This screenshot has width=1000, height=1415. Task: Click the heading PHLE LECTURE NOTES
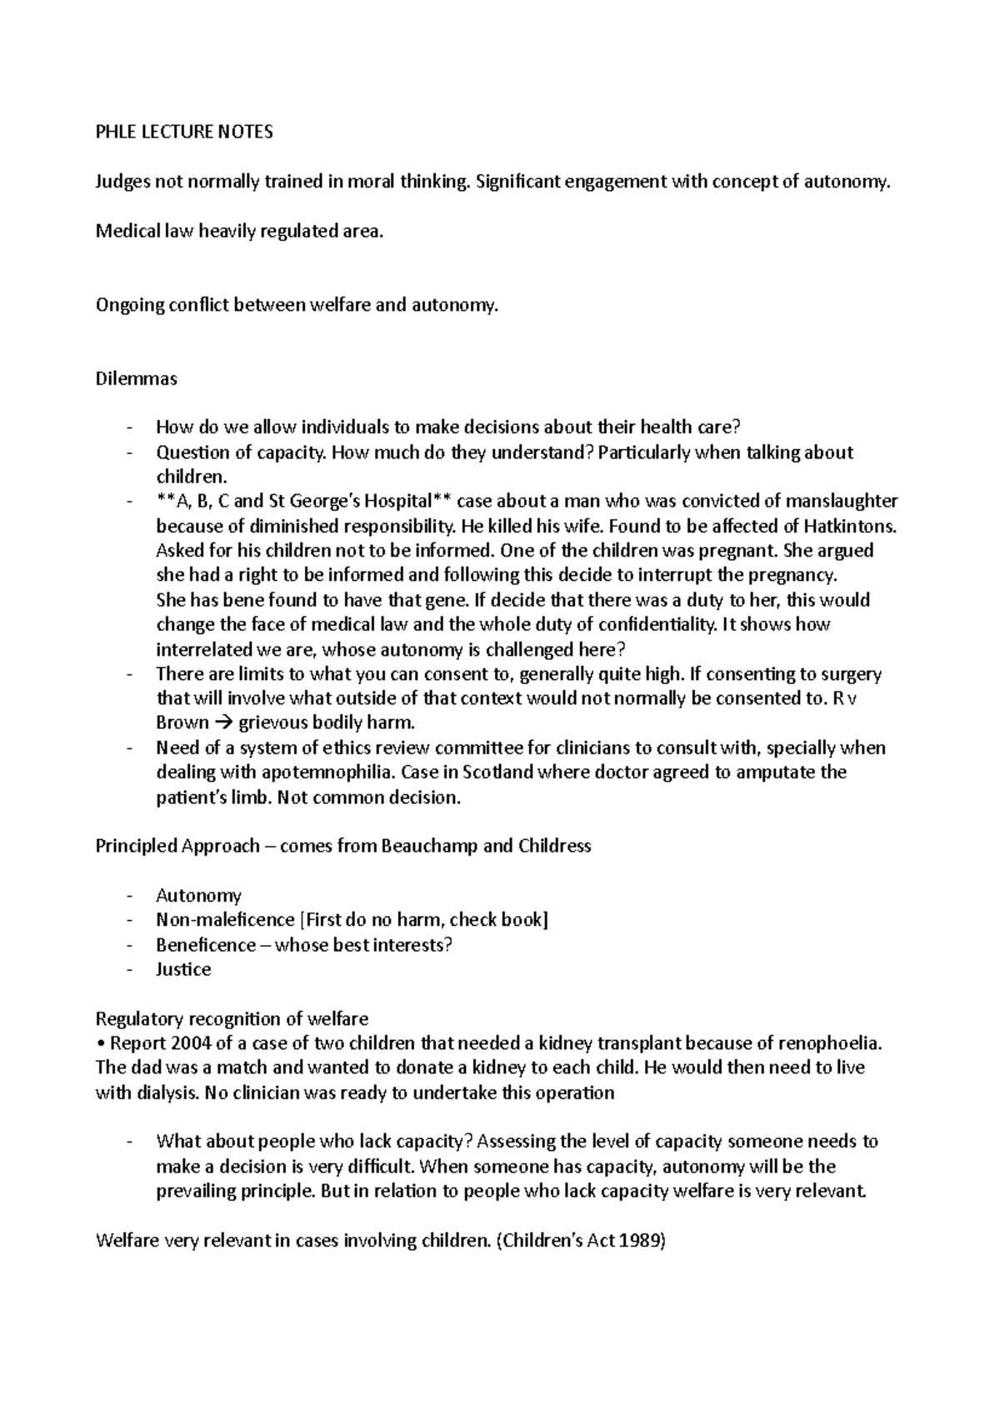184,132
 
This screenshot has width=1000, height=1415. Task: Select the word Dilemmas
137,378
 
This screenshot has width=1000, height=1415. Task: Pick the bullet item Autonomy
198,895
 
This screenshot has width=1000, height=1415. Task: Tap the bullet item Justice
183,969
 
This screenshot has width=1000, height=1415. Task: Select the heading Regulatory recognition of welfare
232,1018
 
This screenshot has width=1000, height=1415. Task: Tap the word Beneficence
206,944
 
